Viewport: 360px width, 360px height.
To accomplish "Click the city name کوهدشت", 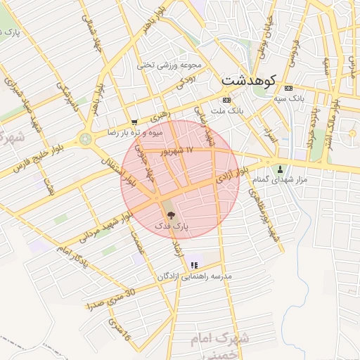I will pos(250,79).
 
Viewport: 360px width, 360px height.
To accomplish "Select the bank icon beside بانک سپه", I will pos(289,88).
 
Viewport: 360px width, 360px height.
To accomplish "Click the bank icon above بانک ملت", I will pos(226,100).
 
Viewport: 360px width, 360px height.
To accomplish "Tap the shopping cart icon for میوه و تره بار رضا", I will pos(134,122).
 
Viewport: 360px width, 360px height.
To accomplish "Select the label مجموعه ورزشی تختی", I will pos(172,65).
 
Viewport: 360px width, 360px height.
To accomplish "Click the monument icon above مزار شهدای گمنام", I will pos(281,169).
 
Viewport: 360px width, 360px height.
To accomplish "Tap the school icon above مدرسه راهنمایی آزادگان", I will pos(195,265).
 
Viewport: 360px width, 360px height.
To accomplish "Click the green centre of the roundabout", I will pos(86,139).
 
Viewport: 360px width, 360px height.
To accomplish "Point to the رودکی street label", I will pos(184,82).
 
